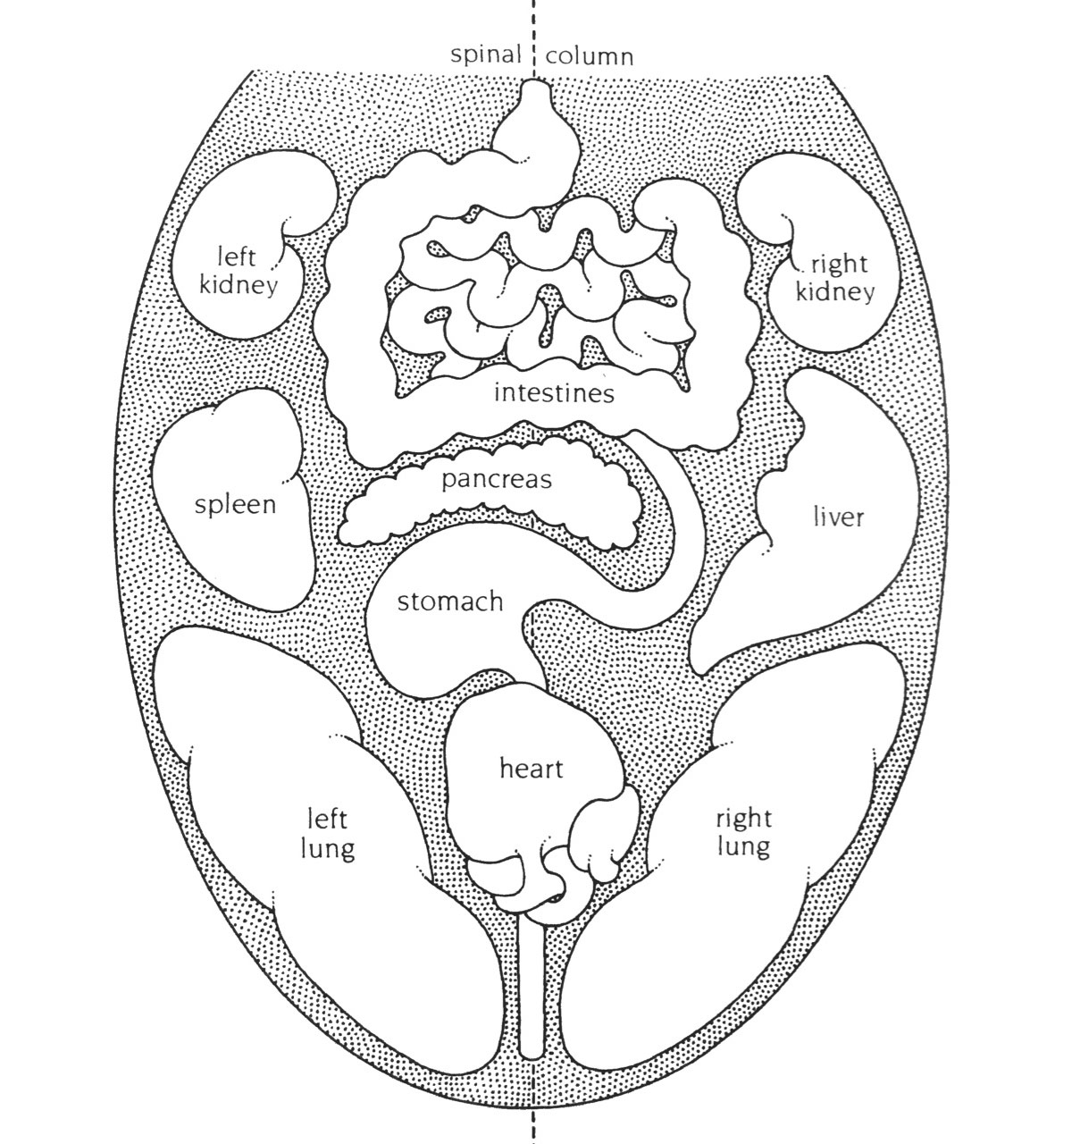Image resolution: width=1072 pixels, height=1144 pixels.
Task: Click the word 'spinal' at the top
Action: [x=486, y=55]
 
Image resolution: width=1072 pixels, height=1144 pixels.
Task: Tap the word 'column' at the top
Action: [x=590, y=56]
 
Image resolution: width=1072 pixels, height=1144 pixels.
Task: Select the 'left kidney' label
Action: [x=239, y=272]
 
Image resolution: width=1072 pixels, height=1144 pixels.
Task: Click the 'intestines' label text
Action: [x=555, y=393]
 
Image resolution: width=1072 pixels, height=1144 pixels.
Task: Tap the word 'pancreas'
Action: [x=497, y=480]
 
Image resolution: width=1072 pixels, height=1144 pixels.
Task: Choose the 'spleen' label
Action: [x=236, y=506]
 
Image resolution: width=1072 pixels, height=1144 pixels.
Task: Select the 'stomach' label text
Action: [x=450, y=601]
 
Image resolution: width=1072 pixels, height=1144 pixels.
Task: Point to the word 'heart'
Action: [x=532, y=768]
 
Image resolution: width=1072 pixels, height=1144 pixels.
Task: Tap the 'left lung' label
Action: [x=329, y=833]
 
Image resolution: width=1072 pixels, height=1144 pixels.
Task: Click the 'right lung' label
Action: [x=743, y=833]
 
